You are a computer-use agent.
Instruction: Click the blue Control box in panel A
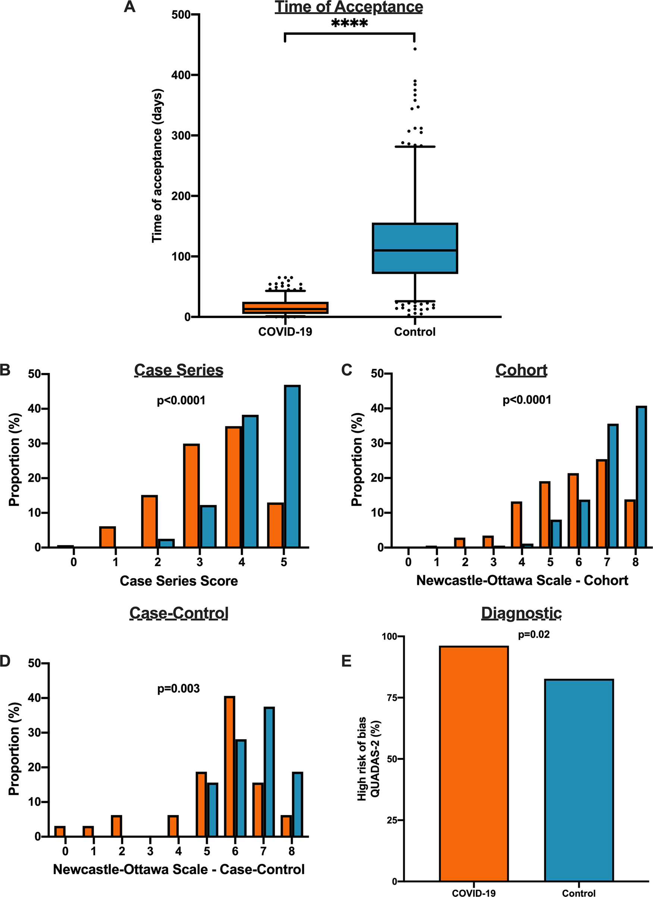[x=415, y=248]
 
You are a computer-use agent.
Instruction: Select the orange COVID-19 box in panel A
[x=285, y=308]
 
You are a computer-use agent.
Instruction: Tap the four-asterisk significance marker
[x=350, y=23]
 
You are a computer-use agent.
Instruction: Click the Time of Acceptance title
[x=349, y=7]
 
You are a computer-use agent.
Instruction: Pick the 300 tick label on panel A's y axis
[x=181, y=136]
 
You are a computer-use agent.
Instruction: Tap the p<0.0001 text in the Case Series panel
[x=181, y=401]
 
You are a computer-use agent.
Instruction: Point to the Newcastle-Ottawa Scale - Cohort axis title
[x=522, y=581]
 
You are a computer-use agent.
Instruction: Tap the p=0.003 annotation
[x=178, y=689]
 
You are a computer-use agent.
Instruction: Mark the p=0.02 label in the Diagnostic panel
[x=534, y=635]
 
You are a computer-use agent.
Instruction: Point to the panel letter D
[x=5, y=661]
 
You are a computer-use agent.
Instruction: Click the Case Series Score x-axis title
[x=178, y=581]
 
